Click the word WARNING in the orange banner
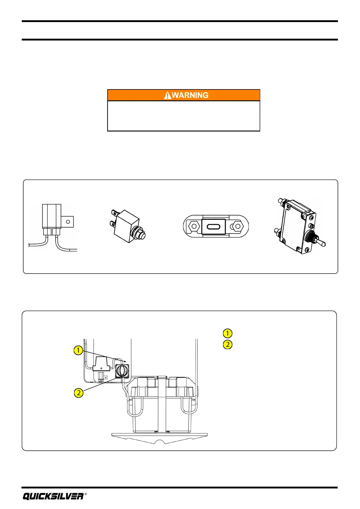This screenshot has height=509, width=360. click(x=190, y=95)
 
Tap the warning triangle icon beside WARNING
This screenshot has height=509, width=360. click(x=167, y=96)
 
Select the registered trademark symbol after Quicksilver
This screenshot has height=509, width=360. click(x=86, y=494)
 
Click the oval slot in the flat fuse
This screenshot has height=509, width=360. click(x=214, y=226)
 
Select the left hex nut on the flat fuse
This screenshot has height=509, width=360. click(x=193, y=226)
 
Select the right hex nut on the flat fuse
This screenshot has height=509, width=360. click(x=238, y=226)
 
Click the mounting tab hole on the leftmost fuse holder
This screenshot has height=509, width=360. click(x=68, y=222)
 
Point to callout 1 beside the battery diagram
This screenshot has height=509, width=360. click(x=78, y=350)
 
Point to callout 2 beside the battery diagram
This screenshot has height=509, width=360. click(x=79, y=393)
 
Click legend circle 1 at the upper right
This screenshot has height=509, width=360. click(x=228, y=333)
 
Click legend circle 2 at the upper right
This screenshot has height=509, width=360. click(x=228, y=345)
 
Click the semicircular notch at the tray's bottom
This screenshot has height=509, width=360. click(x=161, y=442)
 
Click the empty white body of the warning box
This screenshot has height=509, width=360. click(x=184, y=116)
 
